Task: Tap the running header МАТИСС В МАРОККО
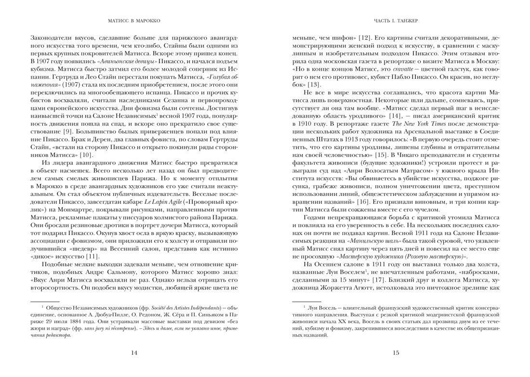point(134,21)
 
